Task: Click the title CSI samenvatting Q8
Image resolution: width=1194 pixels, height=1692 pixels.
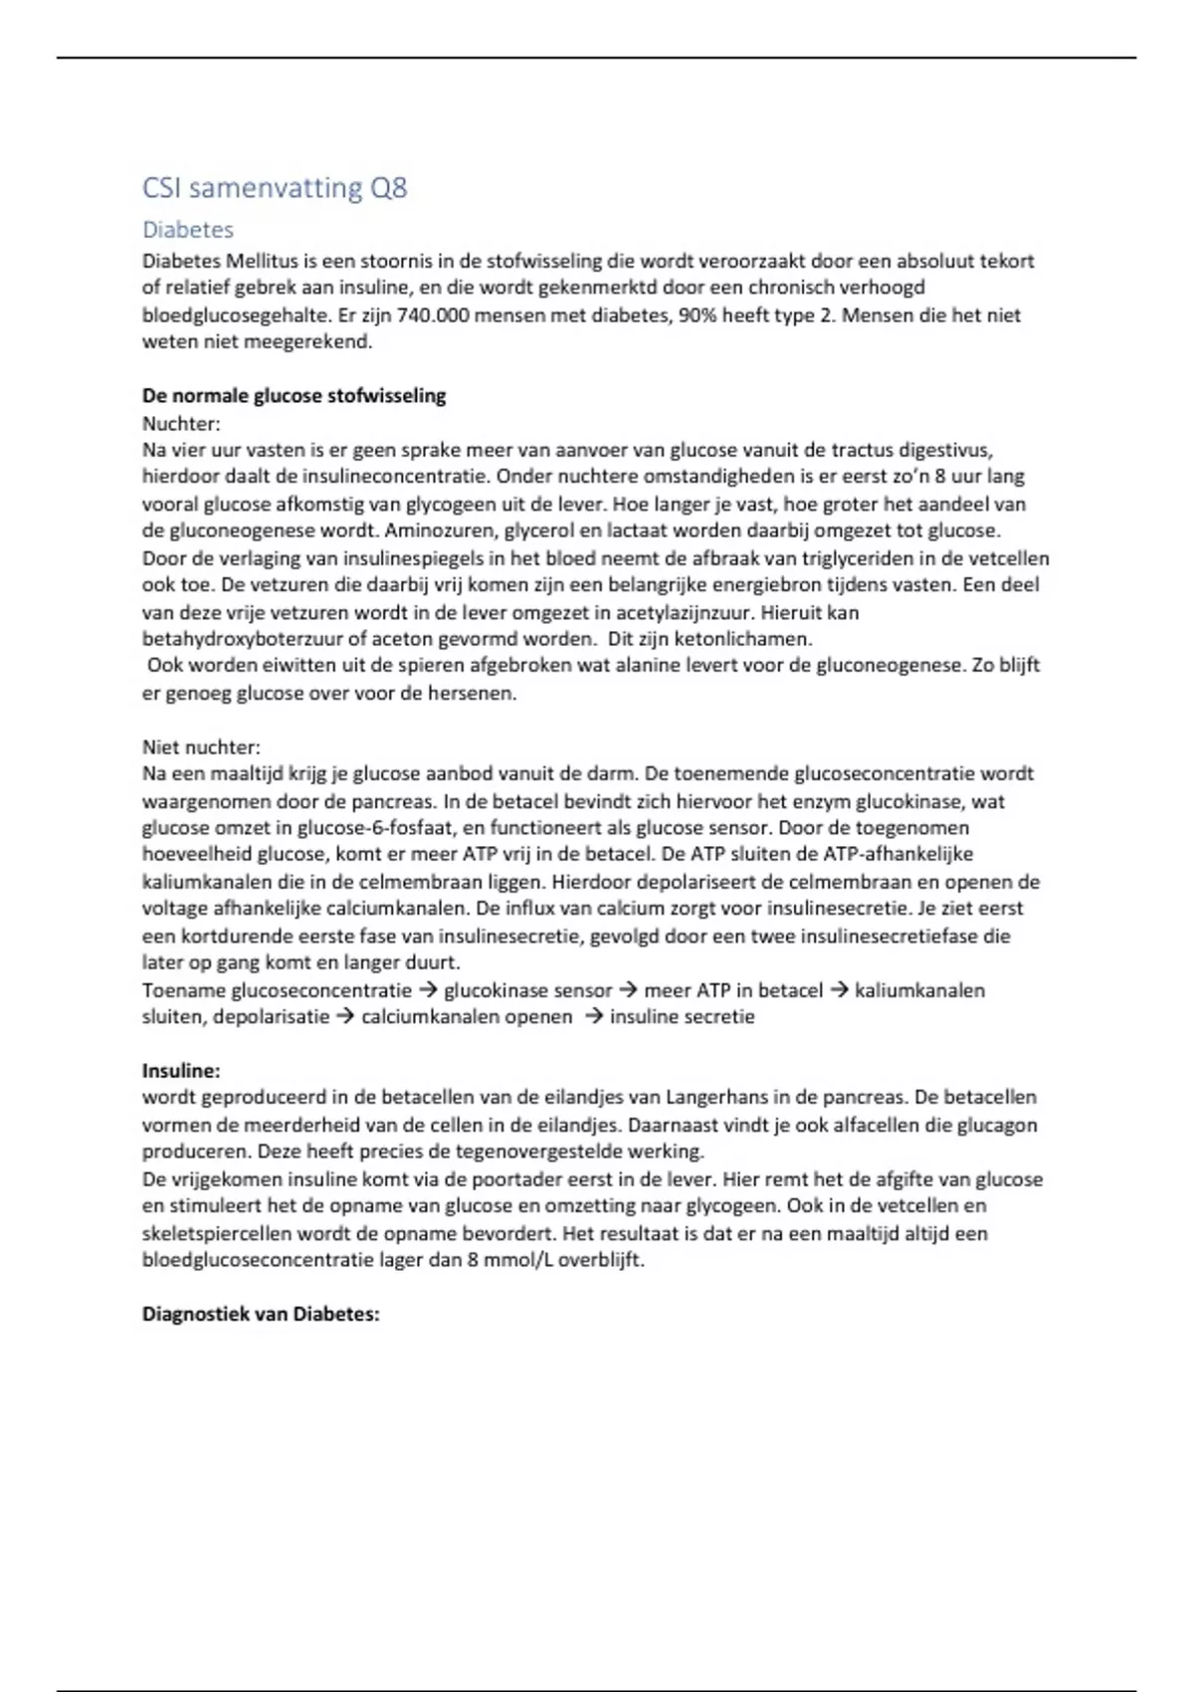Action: click(x=275, y=188)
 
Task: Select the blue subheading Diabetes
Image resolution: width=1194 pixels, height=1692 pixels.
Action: click(x=188, y=230)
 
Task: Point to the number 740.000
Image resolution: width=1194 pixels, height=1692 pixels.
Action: click(x=433, y=316)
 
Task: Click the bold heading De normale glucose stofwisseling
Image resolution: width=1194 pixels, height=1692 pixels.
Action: click(x=294, y=396)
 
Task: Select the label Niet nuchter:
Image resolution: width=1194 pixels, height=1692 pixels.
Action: click(x=201, y=747)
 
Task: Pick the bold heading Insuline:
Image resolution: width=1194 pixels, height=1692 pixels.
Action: click(x=181, y=1071)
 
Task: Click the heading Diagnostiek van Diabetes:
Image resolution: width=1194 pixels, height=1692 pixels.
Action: click(x=261, y=1314)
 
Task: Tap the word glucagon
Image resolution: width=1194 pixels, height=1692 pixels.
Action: click(x=997, y=1125)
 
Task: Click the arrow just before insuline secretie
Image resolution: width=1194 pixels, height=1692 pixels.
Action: click(x=594, y=1017)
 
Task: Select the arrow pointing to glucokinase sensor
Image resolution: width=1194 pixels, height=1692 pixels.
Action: click(x=429, y=990)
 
